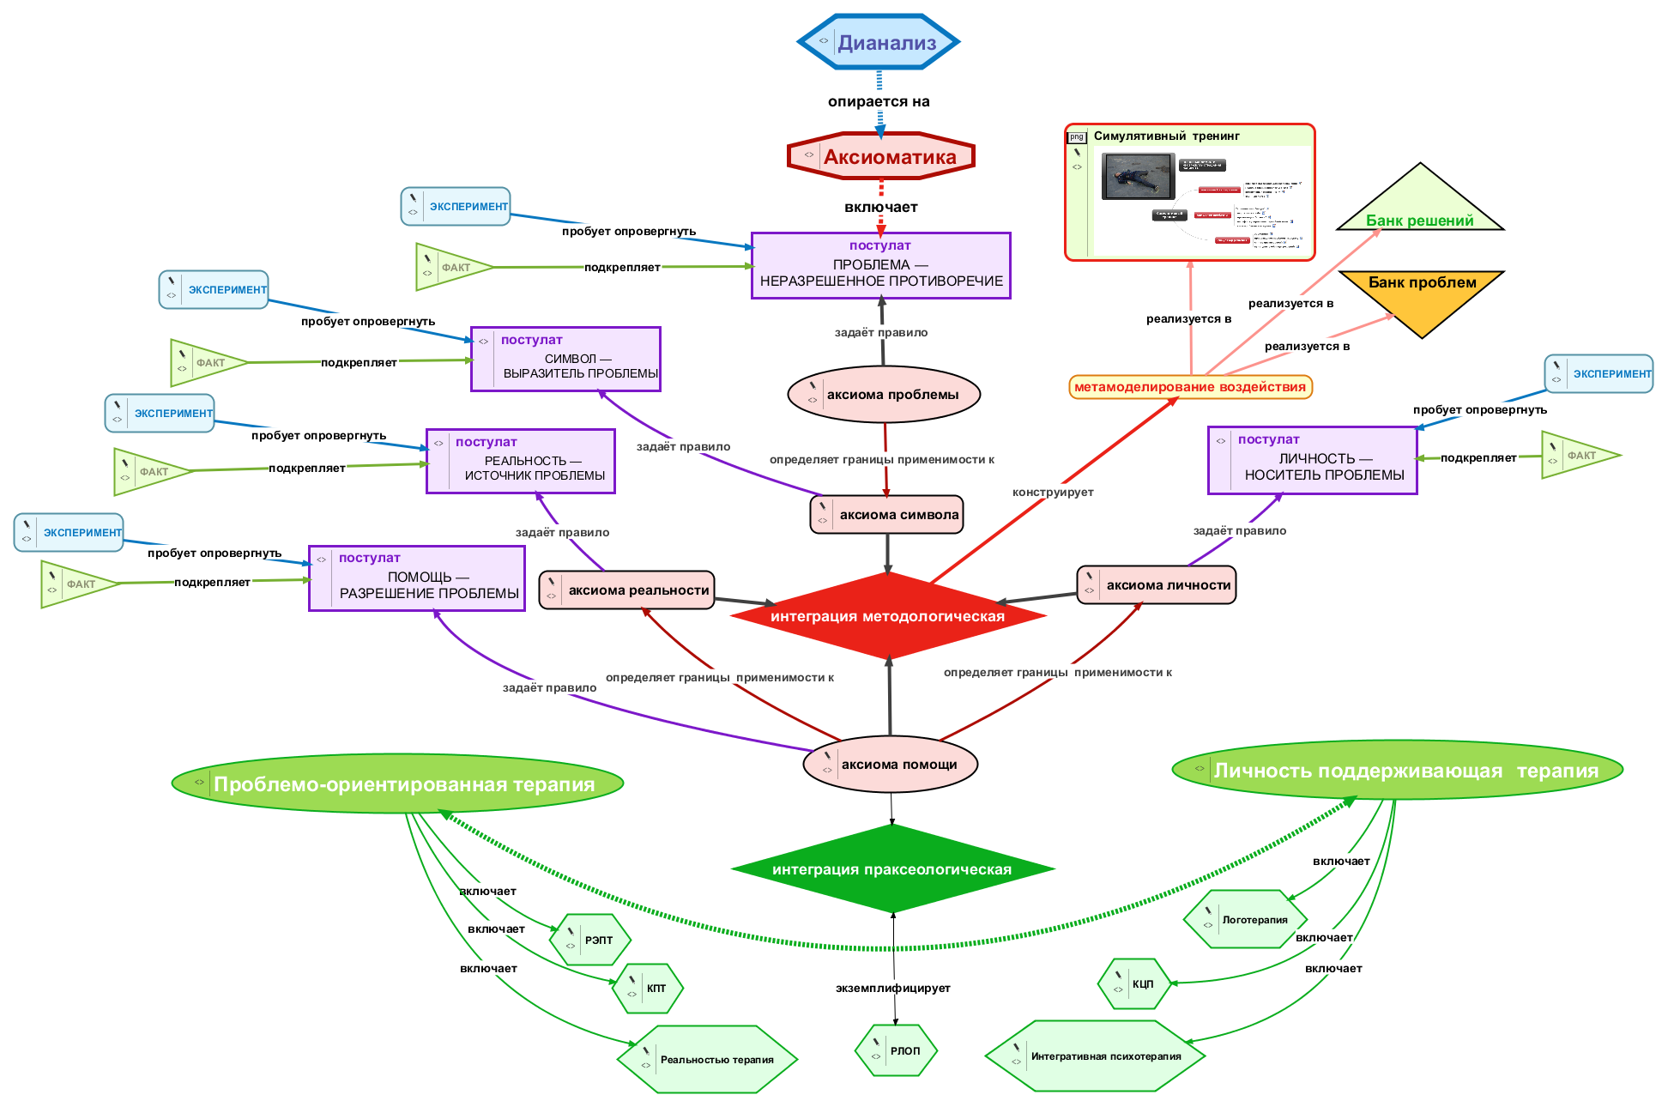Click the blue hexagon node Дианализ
[x=879, y=42]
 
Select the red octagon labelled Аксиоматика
[x=881, y=156]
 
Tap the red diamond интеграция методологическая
[x=887, y=615]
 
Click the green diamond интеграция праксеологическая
[x=891, y=868]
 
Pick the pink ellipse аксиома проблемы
[x=884, y=395]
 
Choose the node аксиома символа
[x=887, y=515]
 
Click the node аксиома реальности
[x=627, y=590]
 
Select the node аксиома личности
[x=1157, y=585]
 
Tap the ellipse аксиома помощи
[x=890, y=765]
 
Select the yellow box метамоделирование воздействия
[x=1190, y=387]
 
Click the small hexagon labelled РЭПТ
[x=590, y=940]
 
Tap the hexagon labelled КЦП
[x=1134, y=983]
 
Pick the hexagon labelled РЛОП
[x=897, y=1050]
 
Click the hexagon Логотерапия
[x=1245, y=919]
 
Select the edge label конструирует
[x=1053, y=493]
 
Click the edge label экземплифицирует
[x=892, y=989]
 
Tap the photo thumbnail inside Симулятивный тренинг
[x=1138, y=176]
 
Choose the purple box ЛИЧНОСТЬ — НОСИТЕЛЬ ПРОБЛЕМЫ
[x=1312, y=460]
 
